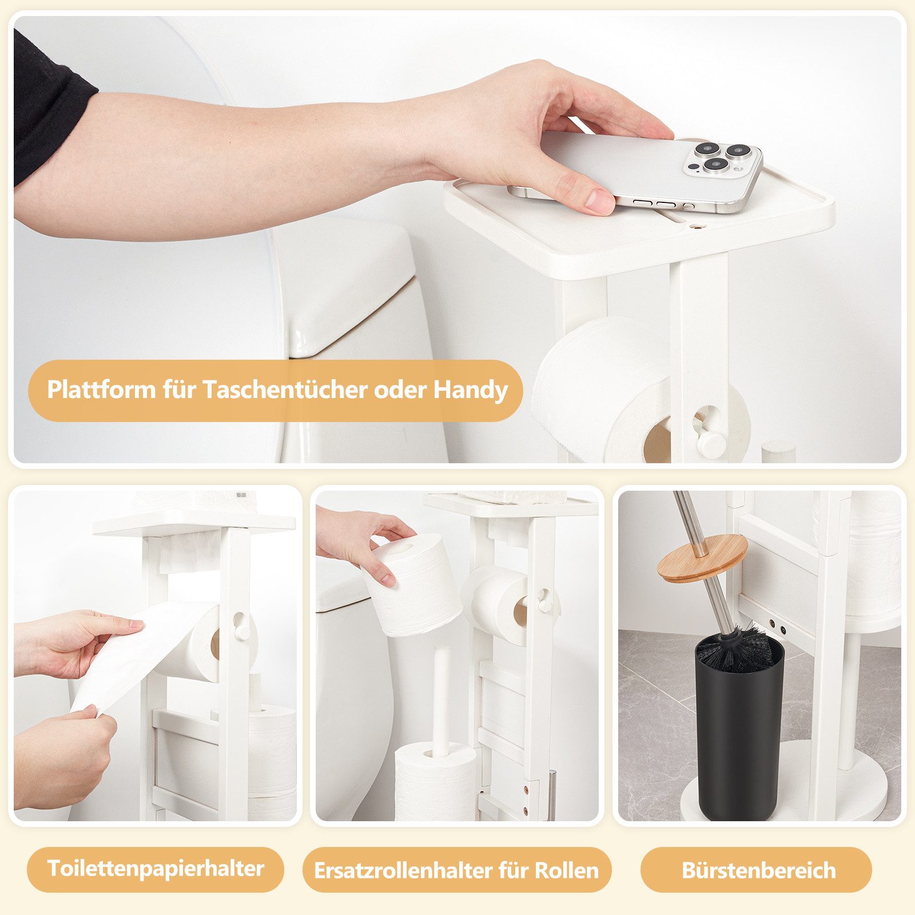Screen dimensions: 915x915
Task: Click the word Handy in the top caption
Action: tap(470, 390)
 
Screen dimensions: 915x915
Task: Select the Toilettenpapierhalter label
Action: tap(155, 869)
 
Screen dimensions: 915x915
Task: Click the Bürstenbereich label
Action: tap(758, 870)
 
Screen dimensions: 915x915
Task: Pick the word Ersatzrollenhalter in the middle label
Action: tap(403, 871)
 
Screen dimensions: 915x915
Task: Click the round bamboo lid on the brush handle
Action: tap(702, 558)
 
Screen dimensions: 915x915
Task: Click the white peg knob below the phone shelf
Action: tap(711, 444)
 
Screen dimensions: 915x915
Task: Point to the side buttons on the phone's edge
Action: tap(658, 203)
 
